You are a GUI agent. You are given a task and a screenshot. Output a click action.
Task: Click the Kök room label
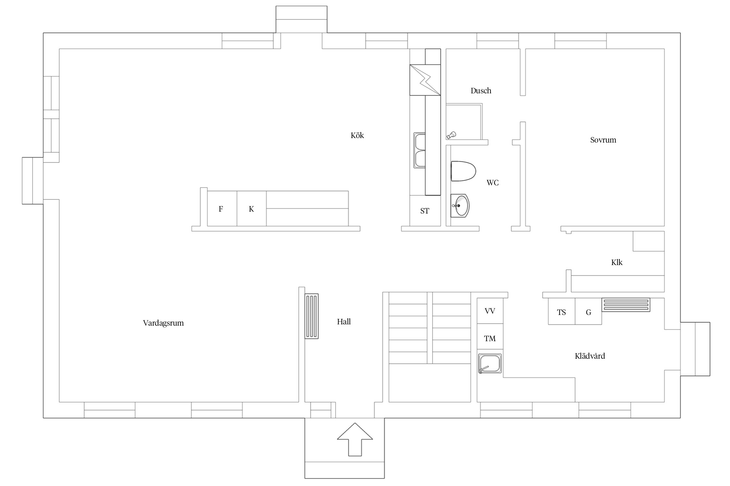pos(357,135)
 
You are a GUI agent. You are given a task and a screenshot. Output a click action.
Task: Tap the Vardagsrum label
pos(163,323)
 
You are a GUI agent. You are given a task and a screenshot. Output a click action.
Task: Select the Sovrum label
pos(603,140)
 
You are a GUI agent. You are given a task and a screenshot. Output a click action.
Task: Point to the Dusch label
pos(481,91)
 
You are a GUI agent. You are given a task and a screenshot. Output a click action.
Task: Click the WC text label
pos(493,183)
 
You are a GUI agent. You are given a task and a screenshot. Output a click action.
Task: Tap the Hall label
pos(344,322)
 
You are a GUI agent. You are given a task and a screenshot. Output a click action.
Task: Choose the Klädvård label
pos(590,356)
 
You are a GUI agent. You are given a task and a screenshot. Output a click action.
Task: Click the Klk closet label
pos(617,262)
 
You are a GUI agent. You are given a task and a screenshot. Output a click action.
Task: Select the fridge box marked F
pos(222,209)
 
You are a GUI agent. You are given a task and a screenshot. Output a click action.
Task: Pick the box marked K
pos(251,209)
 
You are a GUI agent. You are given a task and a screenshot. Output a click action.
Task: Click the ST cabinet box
pos(425,211)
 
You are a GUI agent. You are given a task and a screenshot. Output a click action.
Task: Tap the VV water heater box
pos(490,311)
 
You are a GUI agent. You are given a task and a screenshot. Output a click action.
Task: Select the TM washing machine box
pos(490,337)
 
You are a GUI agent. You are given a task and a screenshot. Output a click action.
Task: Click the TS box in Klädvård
pos(562,311)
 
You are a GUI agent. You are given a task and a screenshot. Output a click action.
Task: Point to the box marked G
pos(589,311)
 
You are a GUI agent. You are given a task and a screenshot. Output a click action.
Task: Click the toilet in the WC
pos(463,171)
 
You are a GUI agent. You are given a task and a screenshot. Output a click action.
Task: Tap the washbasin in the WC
pos(460,206)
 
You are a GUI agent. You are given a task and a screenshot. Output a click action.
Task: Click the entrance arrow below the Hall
pos(355,439)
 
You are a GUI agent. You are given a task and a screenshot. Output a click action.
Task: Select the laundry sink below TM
pos(490,364)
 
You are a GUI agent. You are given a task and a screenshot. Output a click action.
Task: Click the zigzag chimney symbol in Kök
pos(425,80)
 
